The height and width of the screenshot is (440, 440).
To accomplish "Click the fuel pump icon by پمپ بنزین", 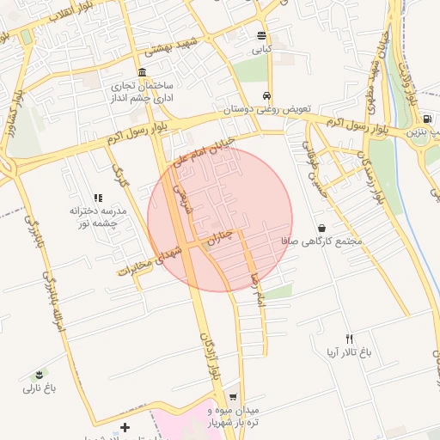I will click(x=427, y=118).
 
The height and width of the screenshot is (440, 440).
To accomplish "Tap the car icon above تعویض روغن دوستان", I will click(x=267, y=95).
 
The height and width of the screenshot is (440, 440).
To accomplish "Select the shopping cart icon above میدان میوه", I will click(x=233, y=396).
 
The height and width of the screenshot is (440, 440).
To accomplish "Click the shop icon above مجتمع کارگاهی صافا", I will click(x=321, y=229).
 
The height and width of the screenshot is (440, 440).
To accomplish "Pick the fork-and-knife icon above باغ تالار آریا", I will click(x=348, y=339).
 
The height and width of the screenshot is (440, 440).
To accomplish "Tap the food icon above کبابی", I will click(x=261, y=35).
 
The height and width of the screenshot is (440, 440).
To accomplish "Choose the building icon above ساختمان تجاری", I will click(x=142, y=72).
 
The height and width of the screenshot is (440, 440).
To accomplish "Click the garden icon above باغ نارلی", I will click(x=39, y=375).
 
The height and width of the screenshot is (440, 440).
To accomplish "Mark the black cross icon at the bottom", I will click(x=125, y=427).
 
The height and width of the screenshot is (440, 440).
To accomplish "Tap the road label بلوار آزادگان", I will click(x=208, y=356).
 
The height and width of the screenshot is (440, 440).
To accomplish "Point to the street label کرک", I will click(x=120, y=177).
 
